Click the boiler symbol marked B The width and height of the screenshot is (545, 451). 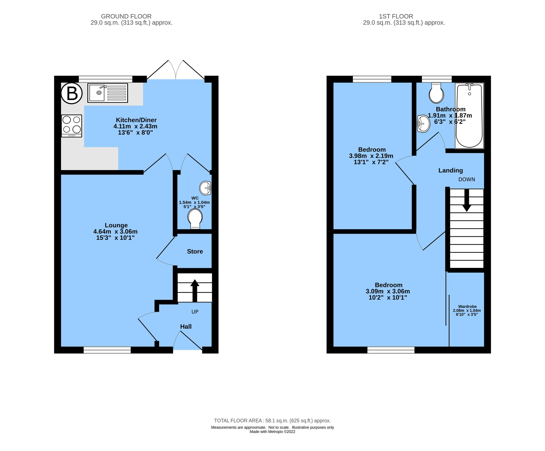point(72,93)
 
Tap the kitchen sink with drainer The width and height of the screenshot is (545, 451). point(107,93)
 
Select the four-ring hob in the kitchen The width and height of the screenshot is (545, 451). point(72,126)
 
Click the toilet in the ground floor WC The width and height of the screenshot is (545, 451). point(195,218)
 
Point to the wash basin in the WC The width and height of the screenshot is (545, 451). point(205,188)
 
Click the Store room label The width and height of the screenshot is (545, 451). point(195,251)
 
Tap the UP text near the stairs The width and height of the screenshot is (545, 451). point(195,312)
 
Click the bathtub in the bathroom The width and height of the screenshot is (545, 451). point(469,116)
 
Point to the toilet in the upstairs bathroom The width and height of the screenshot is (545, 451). point(436,93)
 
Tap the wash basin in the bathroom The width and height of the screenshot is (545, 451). point(423,124)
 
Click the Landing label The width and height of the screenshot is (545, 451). point(451,170)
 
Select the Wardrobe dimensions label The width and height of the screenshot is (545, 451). point(467,310)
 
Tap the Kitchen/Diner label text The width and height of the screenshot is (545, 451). point(136,120)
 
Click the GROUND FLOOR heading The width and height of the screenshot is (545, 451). point(126,16)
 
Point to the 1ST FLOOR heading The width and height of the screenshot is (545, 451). point(396,16)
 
